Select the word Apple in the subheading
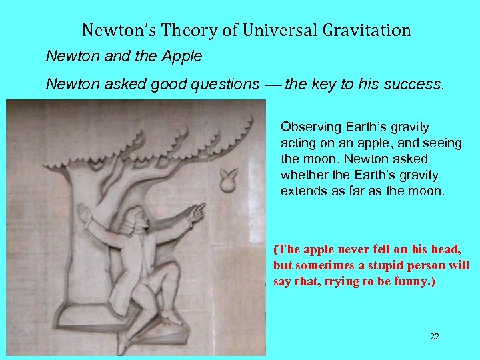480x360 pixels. coord(182,57)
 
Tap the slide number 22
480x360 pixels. coord(435,337)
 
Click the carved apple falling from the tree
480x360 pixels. coord(229,178)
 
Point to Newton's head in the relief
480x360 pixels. coord(135,218)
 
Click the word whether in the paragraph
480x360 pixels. coord(301,175)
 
